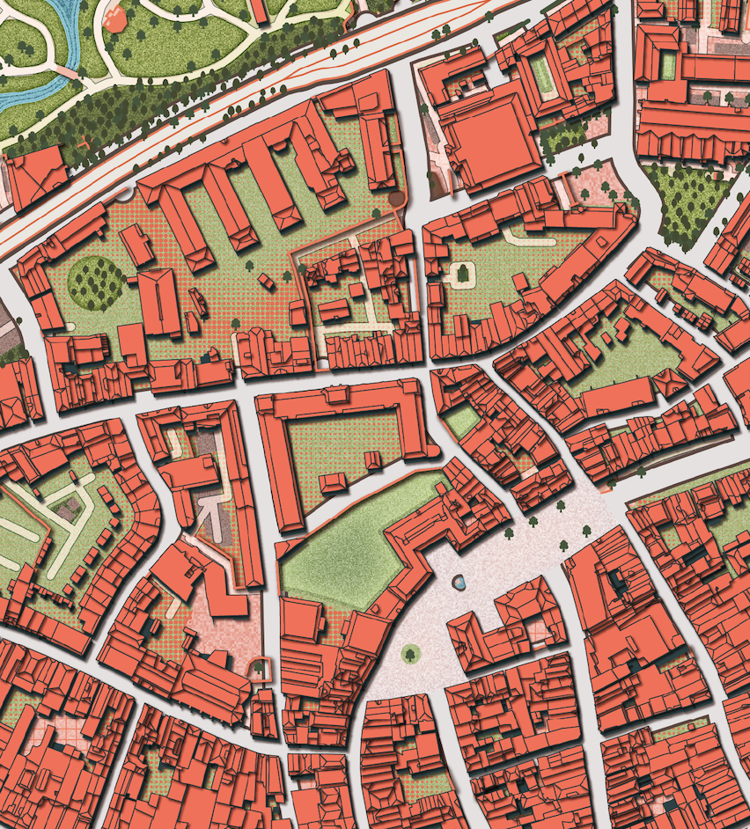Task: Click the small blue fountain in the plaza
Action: point(459,582)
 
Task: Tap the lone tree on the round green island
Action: point(410,653)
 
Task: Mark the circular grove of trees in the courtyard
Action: point(96,281)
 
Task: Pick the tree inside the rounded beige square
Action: point(462,274)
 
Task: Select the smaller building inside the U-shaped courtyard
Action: point(333,482)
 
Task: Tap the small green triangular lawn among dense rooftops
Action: point(461,421)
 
